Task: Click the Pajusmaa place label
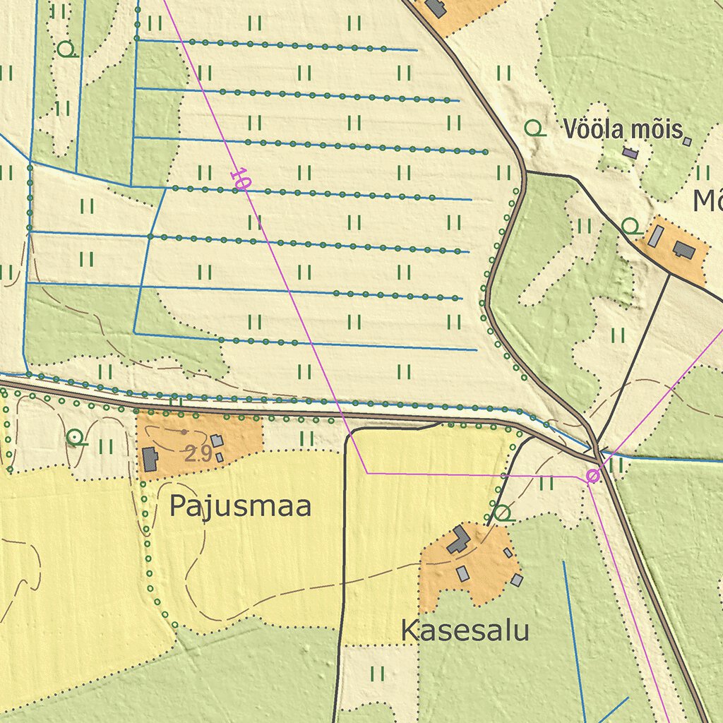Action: click(x=240, y=507)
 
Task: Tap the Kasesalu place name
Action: click(x=465, y=631)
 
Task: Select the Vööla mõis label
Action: click(x=623, y=129)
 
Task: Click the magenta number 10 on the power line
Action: click(x=240, y=179)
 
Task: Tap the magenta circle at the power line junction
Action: click(x=593, y=477)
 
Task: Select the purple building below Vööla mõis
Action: click(x=630, y=153)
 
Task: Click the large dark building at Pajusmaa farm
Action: click(x=150, y=459)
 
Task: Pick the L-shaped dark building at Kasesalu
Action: click(x=459, y=539)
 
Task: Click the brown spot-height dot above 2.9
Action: click(x=185, y=431)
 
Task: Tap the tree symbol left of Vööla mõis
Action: click(x=534, y=129)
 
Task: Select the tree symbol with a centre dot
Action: click(x=74, y=438)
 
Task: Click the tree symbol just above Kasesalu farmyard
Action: click(x=501, y=513)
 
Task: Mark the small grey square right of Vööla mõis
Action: click(x=687, y=141)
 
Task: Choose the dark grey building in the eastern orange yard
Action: click(x=682, y=249)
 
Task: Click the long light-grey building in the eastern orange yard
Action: click(x=656, y=236)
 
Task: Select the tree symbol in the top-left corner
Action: click(x=66, y=49)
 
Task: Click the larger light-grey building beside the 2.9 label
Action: click(x=217, y=441)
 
